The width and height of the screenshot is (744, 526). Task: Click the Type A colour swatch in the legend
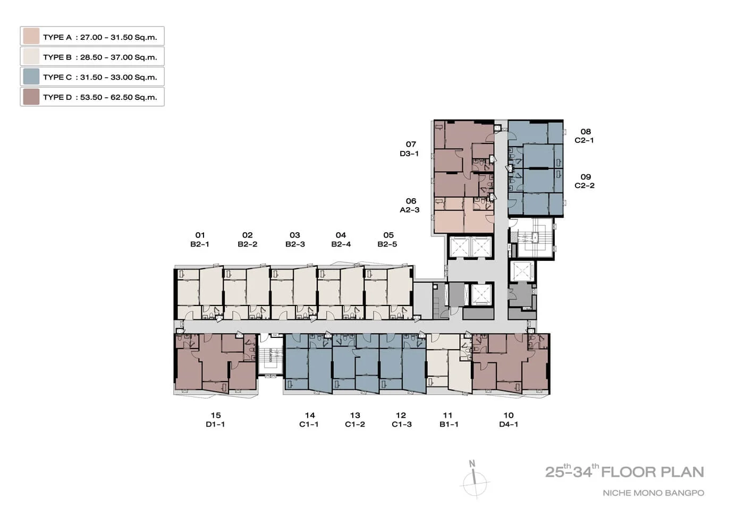click(31, 36)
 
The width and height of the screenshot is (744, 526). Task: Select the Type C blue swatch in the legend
click(31, 77)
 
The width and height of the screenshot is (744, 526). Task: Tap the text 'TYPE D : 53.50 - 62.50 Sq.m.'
click(100, 97)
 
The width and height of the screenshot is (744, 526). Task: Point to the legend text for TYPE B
click(100, 57)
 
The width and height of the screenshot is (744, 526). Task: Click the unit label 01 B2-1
click(200, 240)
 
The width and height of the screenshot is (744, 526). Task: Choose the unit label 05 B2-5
click(387, 240)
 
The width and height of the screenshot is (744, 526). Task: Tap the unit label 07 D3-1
click(410, 149)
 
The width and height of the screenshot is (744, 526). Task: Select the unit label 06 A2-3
click(410, 205)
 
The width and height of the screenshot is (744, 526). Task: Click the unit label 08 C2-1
click(585, 136)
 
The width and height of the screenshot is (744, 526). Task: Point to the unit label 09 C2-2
click(585, 181)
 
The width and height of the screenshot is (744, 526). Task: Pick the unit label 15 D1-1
click(216, 419)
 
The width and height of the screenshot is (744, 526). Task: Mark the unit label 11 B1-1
click(449, 419)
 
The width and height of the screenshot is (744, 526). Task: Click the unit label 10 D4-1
click(509, 419)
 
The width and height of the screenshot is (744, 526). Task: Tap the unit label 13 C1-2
click(355, 419)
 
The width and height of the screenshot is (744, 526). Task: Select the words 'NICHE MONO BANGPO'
click(653, 493)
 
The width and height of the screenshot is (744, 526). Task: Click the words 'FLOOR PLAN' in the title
click(653, 472)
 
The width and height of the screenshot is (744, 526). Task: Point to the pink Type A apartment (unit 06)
click(464, 215)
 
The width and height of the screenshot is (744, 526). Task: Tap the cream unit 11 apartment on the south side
click(449, 363)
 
